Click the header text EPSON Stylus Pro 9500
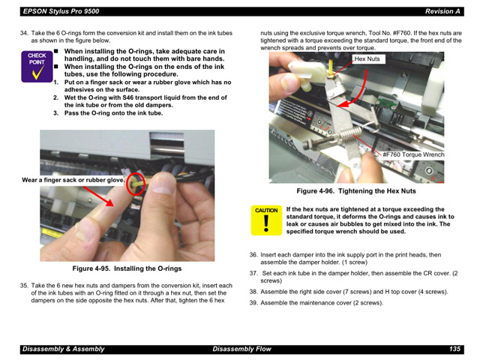pos(60,11)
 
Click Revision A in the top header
pos(442,11)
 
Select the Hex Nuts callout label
pos(367,58)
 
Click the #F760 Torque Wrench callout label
pos(413,154)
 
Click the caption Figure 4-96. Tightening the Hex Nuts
pos(355,191)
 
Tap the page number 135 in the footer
pos(454,349)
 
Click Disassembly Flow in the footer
pos(241,349)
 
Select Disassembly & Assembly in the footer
pos(64,349)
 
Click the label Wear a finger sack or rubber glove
pos(73,180)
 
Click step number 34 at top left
pos(24,34)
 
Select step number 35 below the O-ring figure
pos(24,285)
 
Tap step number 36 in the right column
pos(253,254)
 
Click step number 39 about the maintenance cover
pos(253,303)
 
